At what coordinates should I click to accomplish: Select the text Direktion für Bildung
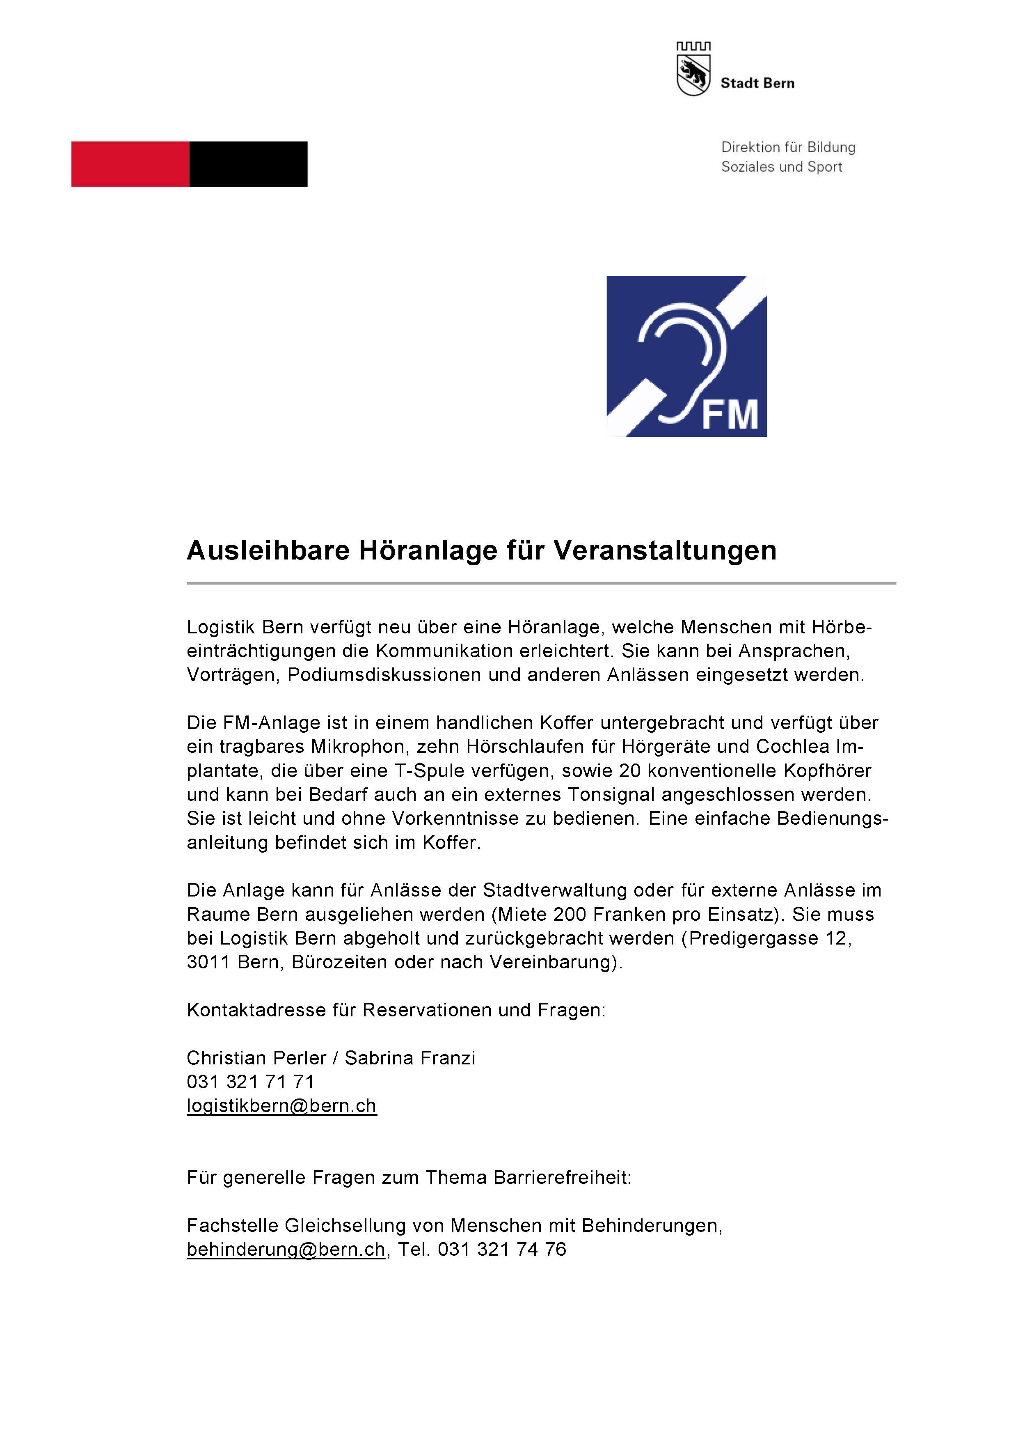click(x=788, y=147)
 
